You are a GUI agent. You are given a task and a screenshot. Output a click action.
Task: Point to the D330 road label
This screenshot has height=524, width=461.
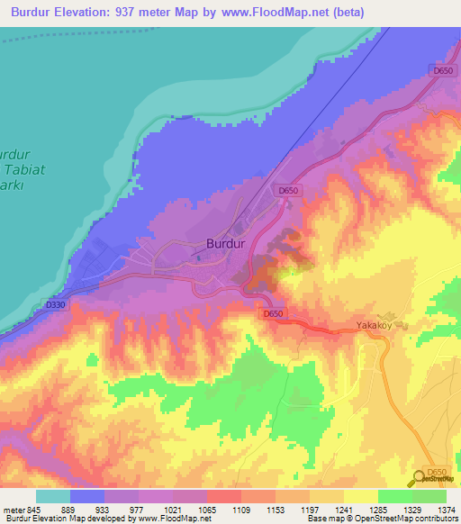(x=56, y=305)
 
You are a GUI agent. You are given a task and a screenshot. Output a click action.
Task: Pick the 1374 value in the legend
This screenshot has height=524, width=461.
(x=446, y=509)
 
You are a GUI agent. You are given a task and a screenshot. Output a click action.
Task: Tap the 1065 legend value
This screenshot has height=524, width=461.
(x=207, y=509)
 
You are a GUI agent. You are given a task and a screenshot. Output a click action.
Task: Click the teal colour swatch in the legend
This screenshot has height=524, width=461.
(x=53, y=496)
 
